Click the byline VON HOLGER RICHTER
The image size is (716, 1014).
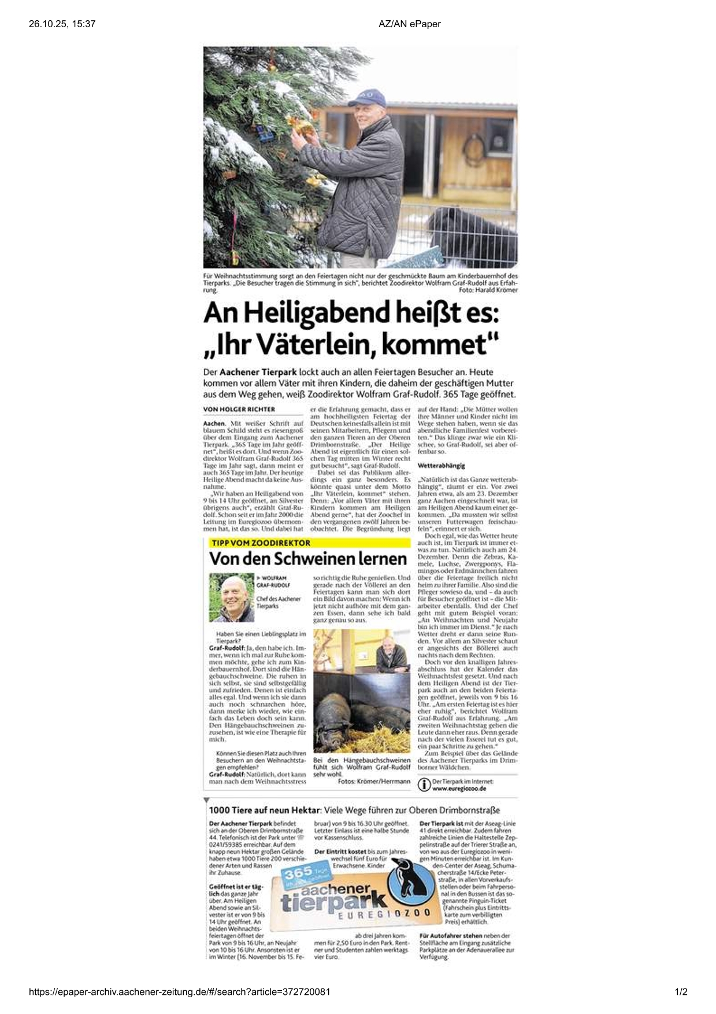click(x=239, y=409)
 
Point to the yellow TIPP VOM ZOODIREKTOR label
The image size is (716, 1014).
click(x=261, y=543)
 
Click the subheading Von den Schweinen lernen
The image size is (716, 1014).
click(x=308, y=559)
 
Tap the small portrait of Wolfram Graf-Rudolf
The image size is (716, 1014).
click(x=231, y=597)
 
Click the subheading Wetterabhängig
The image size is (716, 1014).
click(x=441, y=465)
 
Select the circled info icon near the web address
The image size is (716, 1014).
click(x=424, y=784)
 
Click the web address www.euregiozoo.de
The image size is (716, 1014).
click(x=459, y=788)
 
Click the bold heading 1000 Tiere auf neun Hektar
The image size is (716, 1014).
click(x=265, y=810)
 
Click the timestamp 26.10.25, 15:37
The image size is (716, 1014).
click(x=62, y=24)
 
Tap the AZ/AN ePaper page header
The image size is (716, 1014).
click(x=409, y=24)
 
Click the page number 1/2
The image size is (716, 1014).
click(x=681, y=992)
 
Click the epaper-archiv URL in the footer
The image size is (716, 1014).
click(x=180, y=992)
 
